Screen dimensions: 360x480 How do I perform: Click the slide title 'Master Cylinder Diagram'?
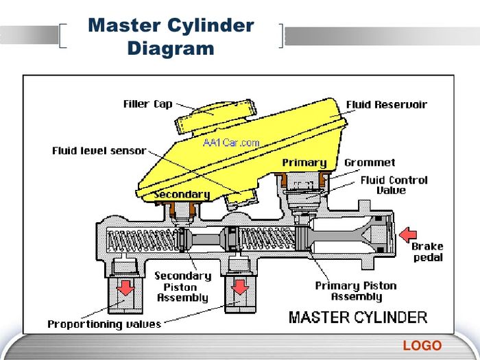coord(171,37)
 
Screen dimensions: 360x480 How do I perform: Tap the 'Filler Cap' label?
coord(147,104)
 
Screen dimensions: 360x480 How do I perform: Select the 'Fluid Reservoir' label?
coord(386,105)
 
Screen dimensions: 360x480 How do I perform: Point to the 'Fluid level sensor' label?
coord(99,151)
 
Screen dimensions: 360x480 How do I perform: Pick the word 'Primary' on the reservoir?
coord(304,163)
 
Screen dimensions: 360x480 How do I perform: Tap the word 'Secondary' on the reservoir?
coord(182,194)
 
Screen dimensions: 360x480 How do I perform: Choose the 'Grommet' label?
coord(370,163)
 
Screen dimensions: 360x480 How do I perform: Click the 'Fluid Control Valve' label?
coord(394,185)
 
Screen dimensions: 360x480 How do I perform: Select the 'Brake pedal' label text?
coord(427,252)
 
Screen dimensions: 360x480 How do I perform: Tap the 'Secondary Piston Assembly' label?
coord(182,287)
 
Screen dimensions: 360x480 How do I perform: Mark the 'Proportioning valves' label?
coord(104,324)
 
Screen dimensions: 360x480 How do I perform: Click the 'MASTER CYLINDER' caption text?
coord(357,317)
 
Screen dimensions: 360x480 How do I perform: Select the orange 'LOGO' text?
coord(422,346)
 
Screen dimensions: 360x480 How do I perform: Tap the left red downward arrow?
coord(125,287)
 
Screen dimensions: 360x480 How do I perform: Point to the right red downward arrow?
coord(240,287)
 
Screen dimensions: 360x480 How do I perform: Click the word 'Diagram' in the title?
coord(171,49)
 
